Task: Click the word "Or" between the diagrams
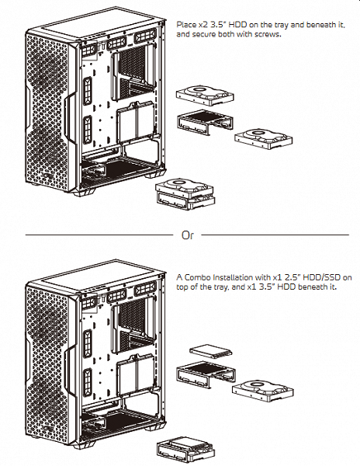pos(188,235)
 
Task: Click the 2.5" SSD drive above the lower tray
pos(211,351)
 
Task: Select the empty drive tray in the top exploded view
pos(205,122)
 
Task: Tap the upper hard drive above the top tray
pos(205,96)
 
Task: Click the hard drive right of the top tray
pos(264,139)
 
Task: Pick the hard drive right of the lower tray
pos(263,391)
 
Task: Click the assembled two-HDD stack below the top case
pos(185,194)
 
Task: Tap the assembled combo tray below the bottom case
pos(185,450)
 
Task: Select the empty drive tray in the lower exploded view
pos(206,374)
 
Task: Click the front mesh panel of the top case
pos(47,113)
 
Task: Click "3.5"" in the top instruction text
pos(220,24)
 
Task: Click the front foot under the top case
pos(85,192)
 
